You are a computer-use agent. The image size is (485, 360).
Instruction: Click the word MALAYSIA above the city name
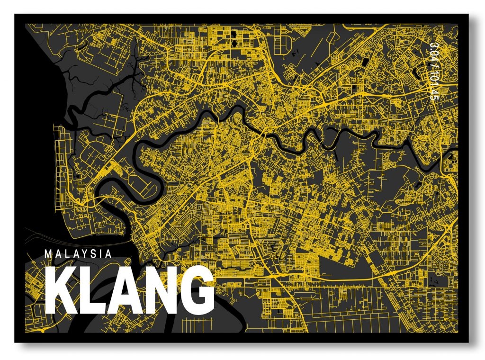click(78, 254)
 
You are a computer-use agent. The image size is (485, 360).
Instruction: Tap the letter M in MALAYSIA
click(48, 254)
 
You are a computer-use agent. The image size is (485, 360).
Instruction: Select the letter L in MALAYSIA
click(66, 254)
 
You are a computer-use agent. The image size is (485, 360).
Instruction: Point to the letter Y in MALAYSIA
click(84, 254)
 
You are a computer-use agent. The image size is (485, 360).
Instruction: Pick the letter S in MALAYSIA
click(93, 254)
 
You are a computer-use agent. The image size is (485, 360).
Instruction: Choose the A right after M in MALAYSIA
click(57, 254)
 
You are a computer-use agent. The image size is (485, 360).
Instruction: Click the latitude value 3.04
click(431, 53)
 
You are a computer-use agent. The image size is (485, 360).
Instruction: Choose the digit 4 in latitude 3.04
click(431, 60)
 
